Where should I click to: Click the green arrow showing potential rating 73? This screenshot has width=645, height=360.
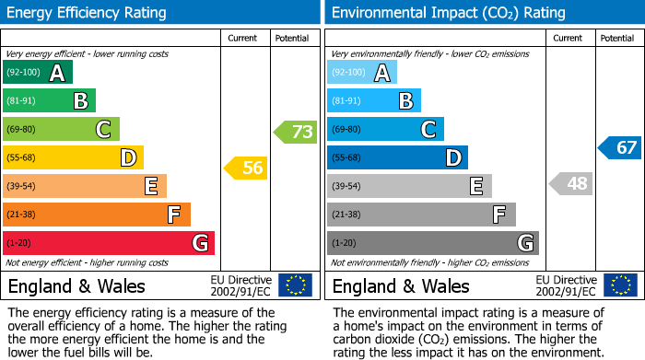[x=296, y=132]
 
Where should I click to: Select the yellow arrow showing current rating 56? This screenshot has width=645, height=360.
[x=246, y=168]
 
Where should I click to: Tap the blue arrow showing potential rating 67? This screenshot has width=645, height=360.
[x=620, y=147]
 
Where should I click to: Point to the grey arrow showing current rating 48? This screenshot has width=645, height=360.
[x=570, y=183]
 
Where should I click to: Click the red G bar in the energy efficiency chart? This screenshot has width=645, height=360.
[x=109, y=243]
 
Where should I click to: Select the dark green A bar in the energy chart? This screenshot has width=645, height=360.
[x=38, y=73]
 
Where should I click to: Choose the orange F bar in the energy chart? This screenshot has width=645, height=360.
[x=97, y=215]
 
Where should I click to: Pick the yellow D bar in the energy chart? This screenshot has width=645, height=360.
[x=74, y=157]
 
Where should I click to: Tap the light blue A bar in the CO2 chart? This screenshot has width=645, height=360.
[x=362, y=73]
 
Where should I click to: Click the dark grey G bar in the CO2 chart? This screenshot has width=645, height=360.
[x=433, y=243]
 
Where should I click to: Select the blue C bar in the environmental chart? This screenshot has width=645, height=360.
[x=385, y=129]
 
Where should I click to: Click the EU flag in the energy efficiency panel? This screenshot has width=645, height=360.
[x=295, y=285]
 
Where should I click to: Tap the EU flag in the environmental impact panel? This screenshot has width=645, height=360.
[x=619, y=285]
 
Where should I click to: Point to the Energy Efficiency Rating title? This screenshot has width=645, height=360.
[x=88, y=13]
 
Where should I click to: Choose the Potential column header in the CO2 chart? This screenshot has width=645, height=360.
[x=617, y=38]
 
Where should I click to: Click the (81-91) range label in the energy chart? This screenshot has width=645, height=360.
[x=23, y=101]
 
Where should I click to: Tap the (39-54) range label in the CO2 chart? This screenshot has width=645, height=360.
[x=347, y=186]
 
